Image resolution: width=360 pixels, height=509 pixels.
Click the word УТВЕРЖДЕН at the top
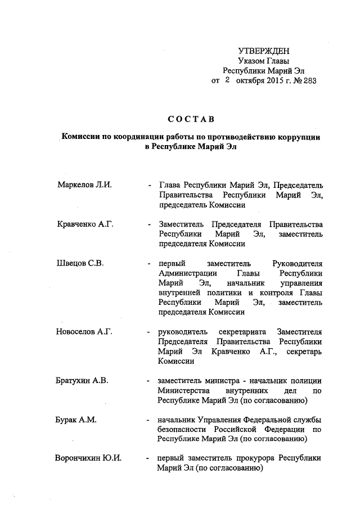point(264,52)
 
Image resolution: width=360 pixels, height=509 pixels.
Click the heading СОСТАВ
point(191,119)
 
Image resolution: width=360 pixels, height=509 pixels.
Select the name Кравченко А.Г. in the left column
point(85,224)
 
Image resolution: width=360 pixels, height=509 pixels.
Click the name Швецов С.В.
point(81,263)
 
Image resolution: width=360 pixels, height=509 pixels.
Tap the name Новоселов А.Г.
point(85,331)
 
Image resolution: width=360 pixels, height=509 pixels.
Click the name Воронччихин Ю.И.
point(88,458)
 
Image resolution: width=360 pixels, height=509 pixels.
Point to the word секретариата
point(233,331)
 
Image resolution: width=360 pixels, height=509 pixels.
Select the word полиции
point(306,381)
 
